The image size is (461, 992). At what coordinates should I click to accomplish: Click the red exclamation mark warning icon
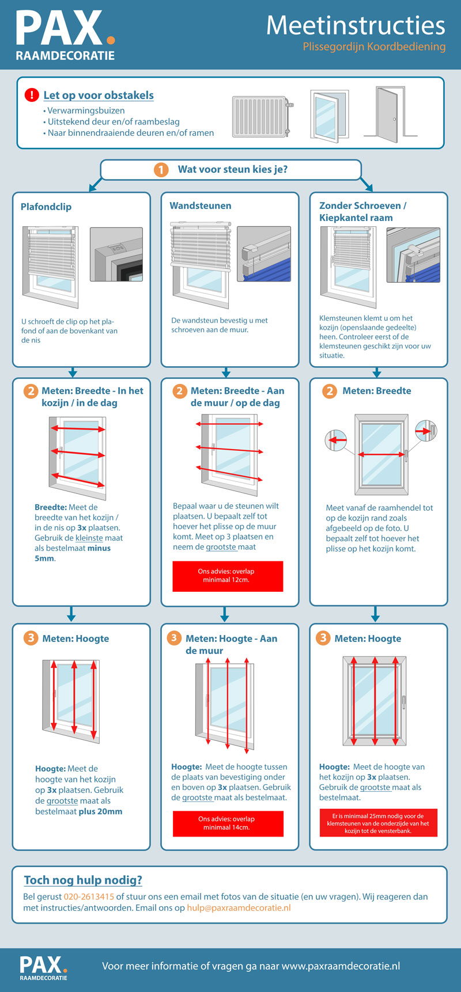pos(32,95)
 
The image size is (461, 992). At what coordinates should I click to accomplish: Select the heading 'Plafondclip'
pos(46,207)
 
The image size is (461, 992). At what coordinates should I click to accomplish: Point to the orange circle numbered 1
pos(161,170)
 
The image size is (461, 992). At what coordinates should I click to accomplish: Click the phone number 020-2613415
pos(89,896)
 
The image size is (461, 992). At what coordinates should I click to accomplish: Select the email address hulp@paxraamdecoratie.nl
pos(239,908)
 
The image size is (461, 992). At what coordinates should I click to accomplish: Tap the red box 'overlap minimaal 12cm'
pos(228,576)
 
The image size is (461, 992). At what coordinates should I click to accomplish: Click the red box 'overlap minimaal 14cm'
pos(228,823)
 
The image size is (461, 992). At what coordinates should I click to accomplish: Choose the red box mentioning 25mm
pos(378,823)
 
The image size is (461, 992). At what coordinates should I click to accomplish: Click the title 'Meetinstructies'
pos(356,25)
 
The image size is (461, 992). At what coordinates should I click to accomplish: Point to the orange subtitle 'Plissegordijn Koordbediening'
pos(374,47)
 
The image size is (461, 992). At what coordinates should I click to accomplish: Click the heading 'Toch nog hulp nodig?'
pos(83,880)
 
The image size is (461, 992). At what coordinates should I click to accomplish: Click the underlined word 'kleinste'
pos(89,538)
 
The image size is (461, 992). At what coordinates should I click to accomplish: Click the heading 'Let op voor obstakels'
pos(99,95)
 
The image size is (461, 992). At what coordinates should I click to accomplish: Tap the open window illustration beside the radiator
pos(329,114)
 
